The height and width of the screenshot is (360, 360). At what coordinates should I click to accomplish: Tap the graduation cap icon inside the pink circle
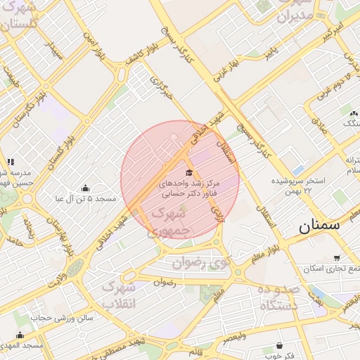(x=188, y=172)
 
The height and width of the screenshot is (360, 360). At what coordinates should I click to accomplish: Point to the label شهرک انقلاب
(x=118, y=295)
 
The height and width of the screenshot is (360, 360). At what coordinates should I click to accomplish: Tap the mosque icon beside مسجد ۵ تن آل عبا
(x=86, y=188)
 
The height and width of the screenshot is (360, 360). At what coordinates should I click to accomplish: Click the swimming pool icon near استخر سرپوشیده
(x=297, y=169)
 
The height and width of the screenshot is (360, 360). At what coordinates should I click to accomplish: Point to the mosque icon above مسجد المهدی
(x=20, y=335)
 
